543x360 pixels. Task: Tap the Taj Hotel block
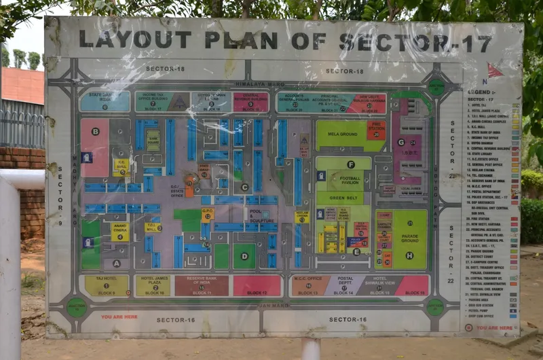(107, 285)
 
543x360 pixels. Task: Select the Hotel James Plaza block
(153, 285)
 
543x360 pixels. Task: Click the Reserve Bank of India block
(202, 285)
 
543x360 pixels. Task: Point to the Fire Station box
(376, 129)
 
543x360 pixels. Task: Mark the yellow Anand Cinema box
(120, 231)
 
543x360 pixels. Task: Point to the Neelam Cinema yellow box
(302, 217)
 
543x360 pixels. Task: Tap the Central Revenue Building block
(251, 102)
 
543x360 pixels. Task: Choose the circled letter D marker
(244, 256)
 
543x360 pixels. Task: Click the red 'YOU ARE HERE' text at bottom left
(119, 317)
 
